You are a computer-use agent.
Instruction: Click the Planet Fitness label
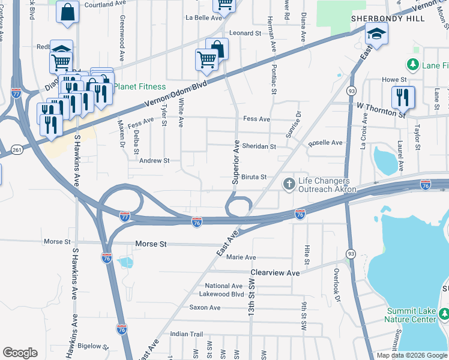(140, 86)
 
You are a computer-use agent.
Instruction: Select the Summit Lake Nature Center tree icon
(444, 314)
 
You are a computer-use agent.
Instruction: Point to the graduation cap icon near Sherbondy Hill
(376, 34)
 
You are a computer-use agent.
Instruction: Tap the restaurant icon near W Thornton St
(403, 97)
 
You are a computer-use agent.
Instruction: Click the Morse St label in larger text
(150, 244)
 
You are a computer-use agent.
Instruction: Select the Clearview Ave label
(275, 272)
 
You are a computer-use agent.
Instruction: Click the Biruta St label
(254, 177)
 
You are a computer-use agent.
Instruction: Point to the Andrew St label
(155, 161)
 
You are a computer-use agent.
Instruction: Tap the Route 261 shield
(17, 149)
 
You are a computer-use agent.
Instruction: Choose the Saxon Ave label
(205, 308)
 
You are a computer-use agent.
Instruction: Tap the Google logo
(20, 353)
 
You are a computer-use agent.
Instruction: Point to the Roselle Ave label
(325, 143)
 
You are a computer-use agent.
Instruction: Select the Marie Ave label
(241, 257)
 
